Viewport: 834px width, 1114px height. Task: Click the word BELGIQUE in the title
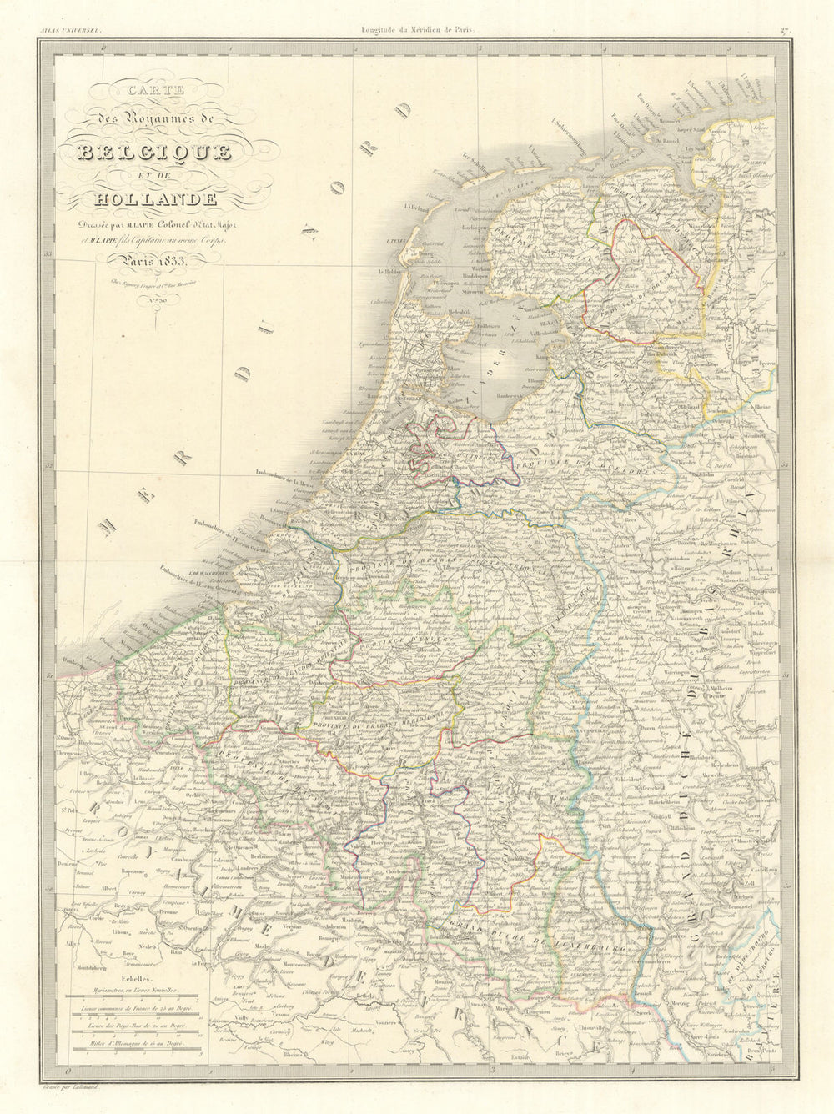154,152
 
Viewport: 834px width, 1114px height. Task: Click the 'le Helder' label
390,272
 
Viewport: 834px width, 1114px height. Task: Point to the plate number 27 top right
784,32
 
